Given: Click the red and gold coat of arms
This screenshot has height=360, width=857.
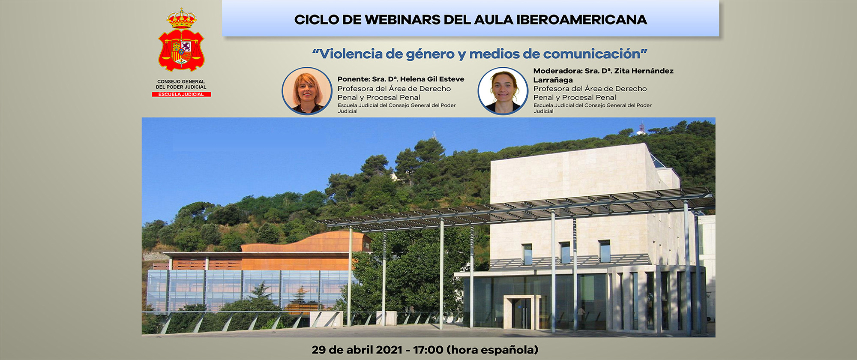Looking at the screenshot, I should (x=181, y=49).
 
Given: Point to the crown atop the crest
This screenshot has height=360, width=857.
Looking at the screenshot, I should (x=181, y=18).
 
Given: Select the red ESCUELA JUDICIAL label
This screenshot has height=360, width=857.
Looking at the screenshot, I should (x=181, y=94).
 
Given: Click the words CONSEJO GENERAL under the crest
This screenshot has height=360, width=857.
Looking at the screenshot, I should (x=181, y=81).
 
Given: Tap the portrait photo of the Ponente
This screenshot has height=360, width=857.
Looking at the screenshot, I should (x=307, y=90).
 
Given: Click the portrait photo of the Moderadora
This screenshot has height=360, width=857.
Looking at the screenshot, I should (x=503, y=90).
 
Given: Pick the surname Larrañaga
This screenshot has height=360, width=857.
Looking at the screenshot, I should (x=553, y=80).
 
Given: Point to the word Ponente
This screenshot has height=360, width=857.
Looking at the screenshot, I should (x=353, y=79).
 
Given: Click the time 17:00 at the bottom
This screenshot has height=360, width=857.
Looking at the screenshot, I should (x=428, y=350).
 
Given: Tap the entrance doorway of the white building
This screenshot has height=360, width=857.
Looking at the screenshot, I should (x=521, y=313).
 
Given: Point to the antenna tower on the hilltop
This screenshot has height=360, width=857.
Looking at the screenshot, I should (x=641, y=127).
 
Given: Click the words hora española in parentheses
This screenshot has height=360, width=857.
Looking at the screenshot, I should (x=492, y=350).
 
